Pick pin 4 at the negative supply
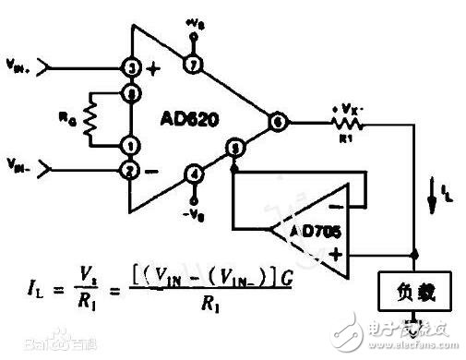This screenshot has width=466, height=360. (193, 171)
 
